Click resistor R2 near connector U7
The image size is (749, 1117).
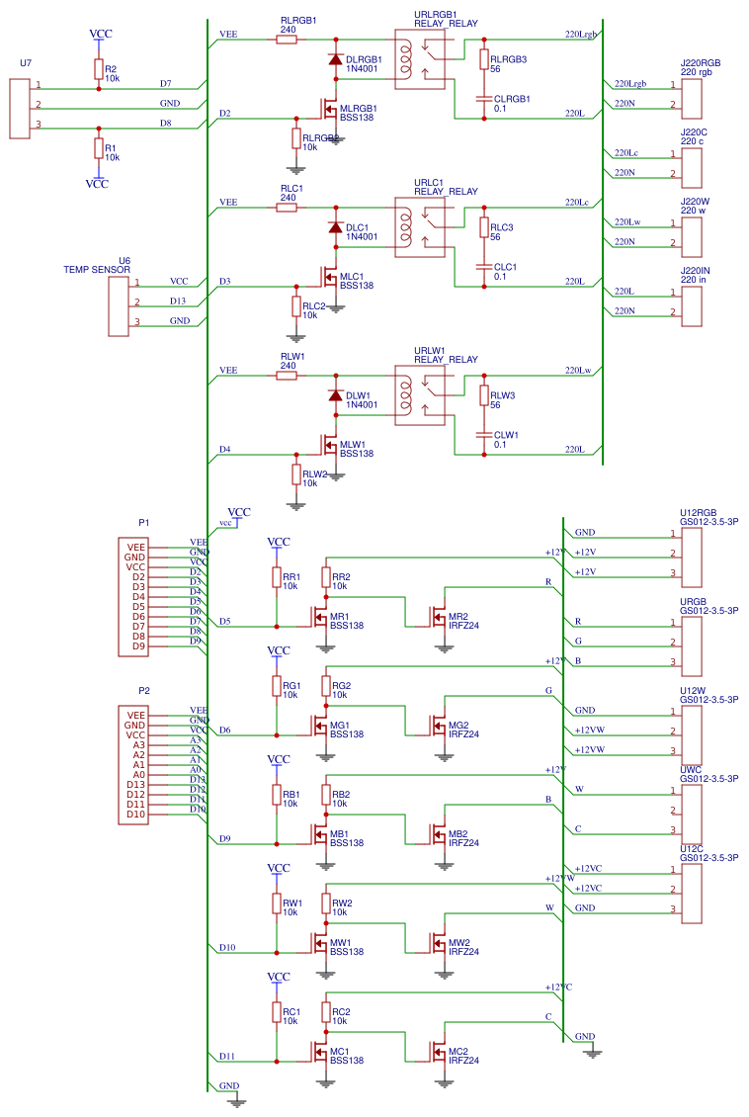(98, 68)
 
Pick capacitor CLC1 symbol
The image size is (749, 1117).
(483, 267)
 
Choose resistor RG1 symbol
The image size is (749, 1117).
(276, 686)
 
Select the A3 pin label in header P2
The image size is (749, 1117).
(138, 744)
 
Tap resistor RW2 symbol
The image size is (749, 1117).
(325, 902)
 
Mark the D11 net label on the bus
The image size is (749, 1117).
(227, 1056)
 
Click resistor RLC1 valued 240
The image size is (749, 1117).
(288, 208)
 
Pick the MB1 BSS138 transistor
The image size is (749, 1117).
(321, 835)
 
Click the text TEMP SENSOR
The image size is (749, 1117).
(97, 269)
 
